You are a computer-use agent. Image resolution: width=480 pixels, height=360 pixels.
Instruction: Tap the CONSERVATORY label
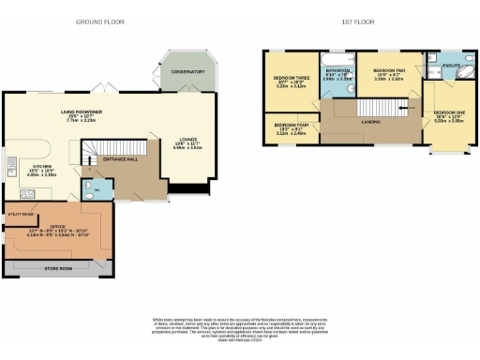(187, 71)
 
